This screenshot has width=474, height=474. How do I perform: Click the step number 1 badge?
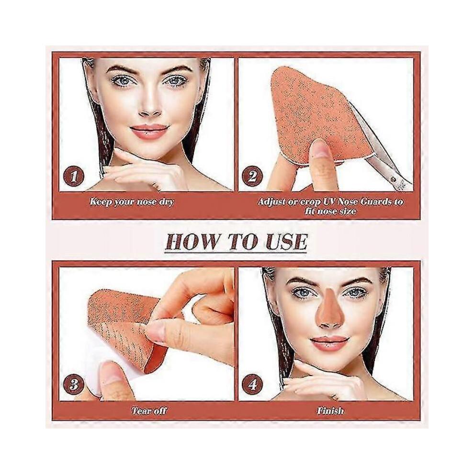73,177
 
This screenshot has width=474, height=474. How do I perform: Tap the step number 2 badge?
252,177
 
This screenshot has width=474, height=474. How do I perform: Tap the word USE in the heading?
283,241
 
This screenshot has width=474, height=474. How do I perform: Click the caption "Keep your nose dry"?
132,202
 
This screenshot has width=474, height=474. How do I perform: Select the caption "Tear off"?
149,410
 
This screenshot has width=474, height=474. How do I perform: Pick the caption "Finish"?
330,410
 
